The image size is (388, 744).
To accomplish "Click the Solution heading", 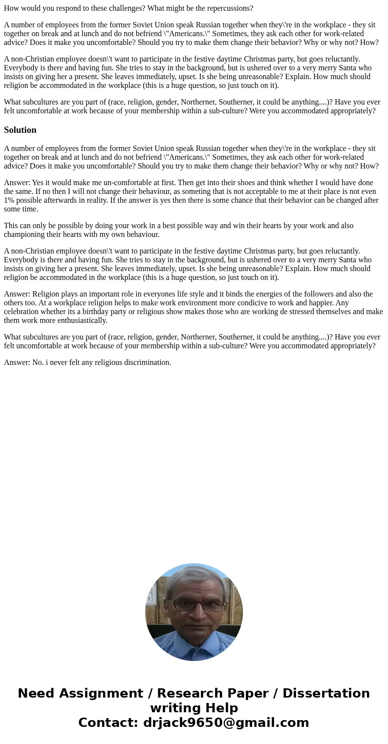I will pyautogui.click(x=20, y=130).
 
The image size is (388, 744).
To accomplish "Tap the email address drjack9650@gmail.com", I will pyautogui.click(x=226, y=723).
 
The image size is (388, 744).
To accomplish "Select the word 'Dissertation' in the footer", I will pyautogui.click(x=326, y=694).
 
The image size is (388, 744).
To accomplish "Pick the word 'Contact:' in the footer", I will pyautogui.click(x=108, y=723).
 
